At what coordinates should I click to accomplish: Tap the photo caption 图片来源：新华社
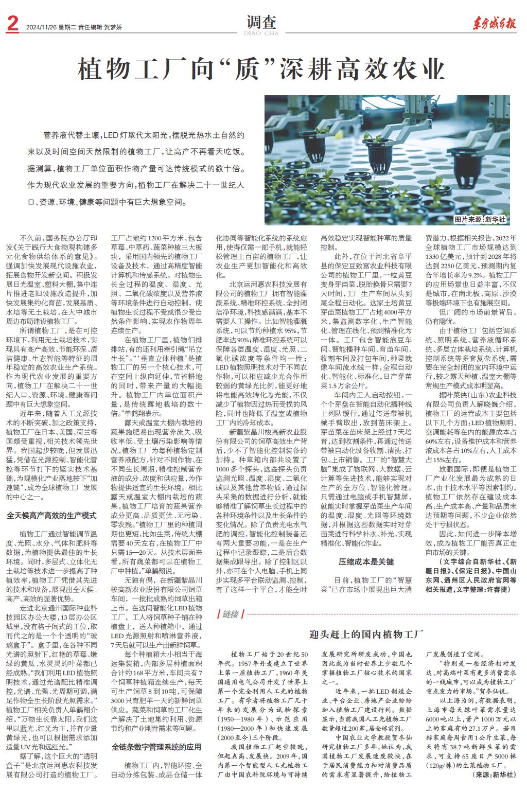481,220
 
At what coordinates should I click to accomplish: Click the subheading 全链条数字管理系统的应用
156,747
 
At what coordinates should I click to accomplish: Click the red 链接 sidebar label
230,614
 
